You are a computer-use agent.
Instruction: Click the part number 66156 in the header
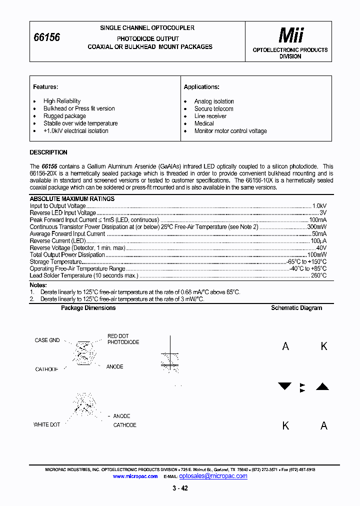click(x=46, y=37)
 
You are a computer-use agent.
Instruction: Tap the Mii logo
click(x=290, y=35)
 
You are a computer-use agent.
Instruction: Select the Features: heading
click(x=45, y=87)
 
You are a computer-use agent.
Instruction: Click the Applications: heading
click(x=201, y=87)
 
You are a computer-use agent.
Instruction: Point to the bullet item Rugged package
click(x=64, y=116)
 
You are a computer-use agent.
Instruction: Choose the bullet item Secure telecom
click(x=213, y=108)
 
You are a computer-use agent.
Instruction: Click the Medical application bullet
click(x=204, y=123)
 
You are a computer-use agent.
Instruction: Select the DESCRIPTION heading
click(x=48, y=152)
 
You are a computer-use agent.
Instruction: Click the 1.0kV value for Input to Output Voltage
click(x=319, y=206)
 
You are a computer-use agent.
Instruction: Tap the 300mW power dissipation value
click(x=317, y=227)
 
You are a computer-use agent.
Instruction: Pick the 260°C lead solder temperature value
click(x=318, y=275)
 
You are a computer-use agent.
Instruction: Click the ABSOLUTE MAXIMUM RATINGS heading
click(x=72, y=199)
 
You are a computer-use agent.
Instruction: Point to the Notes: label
click(x=38, y=285)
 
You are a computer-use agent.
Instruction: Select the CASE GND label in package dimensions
click(x=47, y=340)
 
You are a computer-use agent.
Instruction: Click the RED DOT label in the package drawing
click(x=118, y=336)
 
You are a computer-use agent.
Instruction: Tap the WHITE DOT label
click(x=46, y=424)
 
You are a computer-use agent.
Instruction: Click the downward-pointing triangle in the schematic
click(x=284, y=386)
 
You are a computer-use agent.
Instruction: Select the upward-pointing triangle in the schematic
click(x=322, y=386)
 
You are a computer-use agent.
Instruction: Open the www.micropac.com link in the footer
click(x=135, y=476)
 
